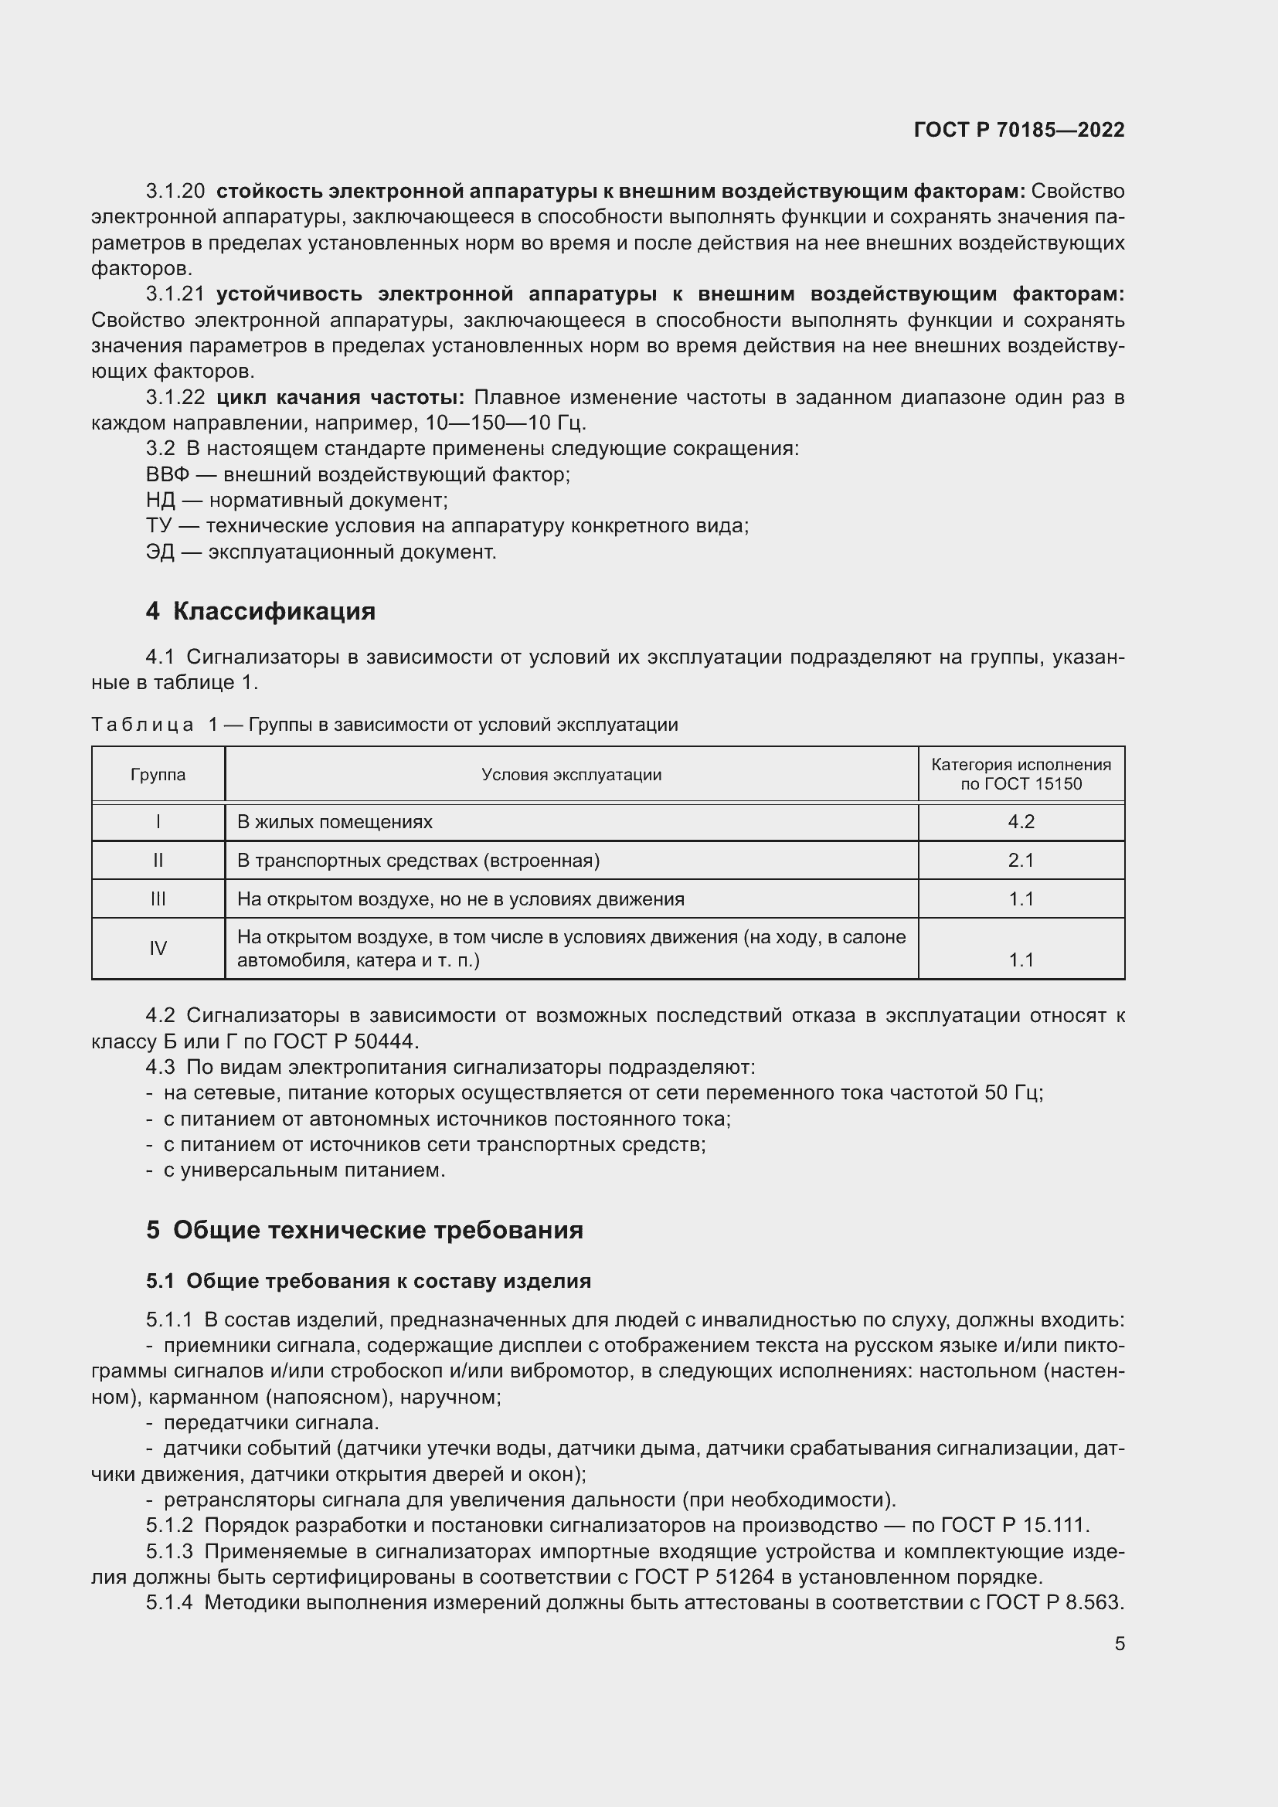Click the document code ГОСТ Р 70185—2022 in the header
click(1018, 130)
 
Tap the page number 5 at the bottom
click(1119, 1643)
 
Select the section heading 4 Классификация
click(260, 612)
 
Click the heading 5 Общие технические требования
click(365, 1230)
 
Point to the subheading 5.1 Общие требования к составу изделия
click(369, 1281)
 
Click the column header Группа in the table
click(158, 774)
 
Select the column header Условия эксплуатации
click(571, 774)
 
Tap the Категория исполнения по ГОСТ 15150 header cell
click(1021, 774)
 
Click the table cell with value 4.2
click(1021, 822)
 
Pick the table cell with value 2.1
click(1021, 860)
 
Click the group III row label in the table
click(158, 898)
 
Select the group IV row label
click(158, 949)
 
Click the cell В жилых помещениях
click(335, 822)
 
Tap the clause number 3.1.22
click(175, 397)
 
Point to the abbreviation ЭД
click(160, 552)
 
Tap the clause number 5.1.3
click(169, 1552)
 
